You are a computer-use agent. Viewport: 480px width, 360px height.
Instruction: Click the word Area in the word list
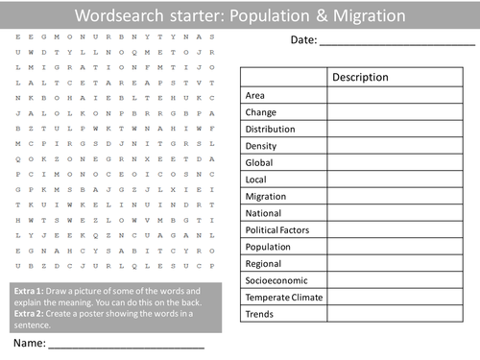(x=255, y=96)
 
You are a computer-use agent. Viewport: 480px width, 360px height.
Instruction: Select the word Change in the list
(x=261, y=112)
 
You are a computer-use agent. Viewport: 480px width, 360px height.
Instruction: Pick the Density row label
(x=261, y=146)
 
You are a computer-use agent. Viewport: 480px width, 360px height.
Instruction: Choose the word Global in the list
(x=260, y=162)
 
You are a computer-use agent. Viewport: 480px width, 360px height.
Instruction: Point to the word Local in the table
(x=257, y=180)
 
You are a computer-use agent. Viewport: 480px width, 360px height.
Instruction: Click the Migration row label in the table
(x=266, y=196)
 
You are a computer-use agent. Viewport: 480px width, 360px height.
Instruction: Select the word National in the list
(x=265, y=213)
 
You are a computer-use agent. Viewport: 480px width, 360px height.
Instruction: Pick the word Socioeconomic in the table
(x=278, y=280)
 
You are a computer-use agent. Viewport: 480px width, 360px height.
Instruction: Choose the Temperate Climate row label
(x=284, y=297)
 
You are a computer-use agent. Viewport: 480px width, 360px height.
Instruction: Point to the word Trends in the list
(x=260, y=314)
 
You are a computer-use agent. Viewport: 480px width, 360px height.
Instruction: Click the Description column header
(x=360, y=78)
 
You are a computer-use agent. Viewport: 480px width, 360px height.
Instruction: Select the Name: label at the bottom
(x=29, y=343)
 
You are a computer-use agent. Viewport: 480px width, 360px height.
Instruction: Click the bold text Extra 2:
(x=30, y=312)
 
